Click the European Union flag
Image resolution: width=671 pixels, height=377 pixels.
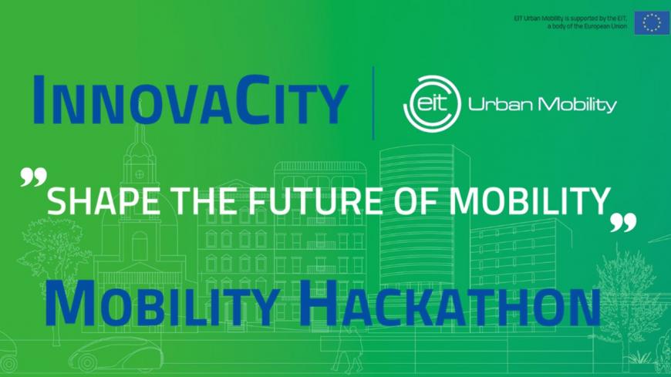tap(652, 22)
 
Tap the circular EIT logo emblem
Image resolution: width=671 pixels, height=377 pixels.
tap(432, 103)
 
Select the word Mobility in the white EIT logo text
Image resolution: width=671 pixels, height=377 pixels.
tap(572, 105)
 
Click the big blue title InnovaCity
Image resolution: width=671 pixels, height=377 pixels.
tap(190, 99)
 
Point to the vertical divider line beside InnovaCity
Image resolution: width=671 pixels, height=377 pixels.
tap(373, 103)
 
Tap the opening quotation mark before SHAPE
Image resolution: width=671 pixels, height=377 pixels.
tap(33, 177)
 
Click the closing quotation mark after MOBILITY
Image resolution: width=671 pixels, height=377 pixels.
tap(623, 223)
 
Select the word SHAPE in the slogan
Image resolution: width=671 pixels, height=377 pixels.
tap(103, 201)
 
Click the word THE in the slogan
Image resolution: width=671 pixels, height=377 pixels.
tap(204, 201)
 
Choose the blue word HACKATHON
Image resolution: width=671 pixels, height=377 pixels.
tap(450, 303)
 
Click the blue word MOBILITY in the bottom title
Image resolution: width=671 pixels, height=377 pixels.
tap(162, 305)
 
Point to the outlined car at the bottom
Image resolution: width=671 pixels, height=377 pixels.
tap(116, 354)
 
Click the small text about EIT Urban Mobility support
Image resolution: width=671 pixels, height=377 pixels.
tap(571, 22)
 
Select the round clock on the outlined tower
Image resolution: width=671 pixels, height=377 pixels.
tap(140, 174)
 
